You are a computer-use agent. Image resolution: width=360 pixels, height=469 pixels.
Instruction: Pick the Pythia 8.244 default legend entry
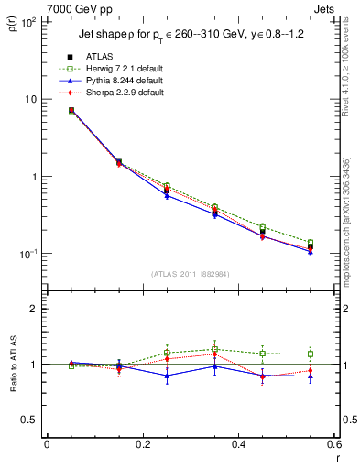click(x=124, y=81)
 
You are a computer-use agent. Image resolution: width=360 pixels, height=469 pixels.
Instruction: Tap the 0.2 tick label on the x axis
click(x=143, y=446)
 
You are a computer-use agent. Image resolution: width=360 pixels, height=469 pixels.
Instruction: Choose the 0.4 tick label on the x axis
click(x=238, y=446)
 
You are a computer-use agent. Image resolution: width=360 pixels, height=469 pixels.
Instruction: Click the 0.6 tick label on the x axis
click(x=333, y=446)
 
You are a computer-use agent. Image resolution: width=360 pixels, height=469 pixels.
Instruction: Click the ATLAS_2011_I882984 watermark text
click(x=191, y=274)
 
